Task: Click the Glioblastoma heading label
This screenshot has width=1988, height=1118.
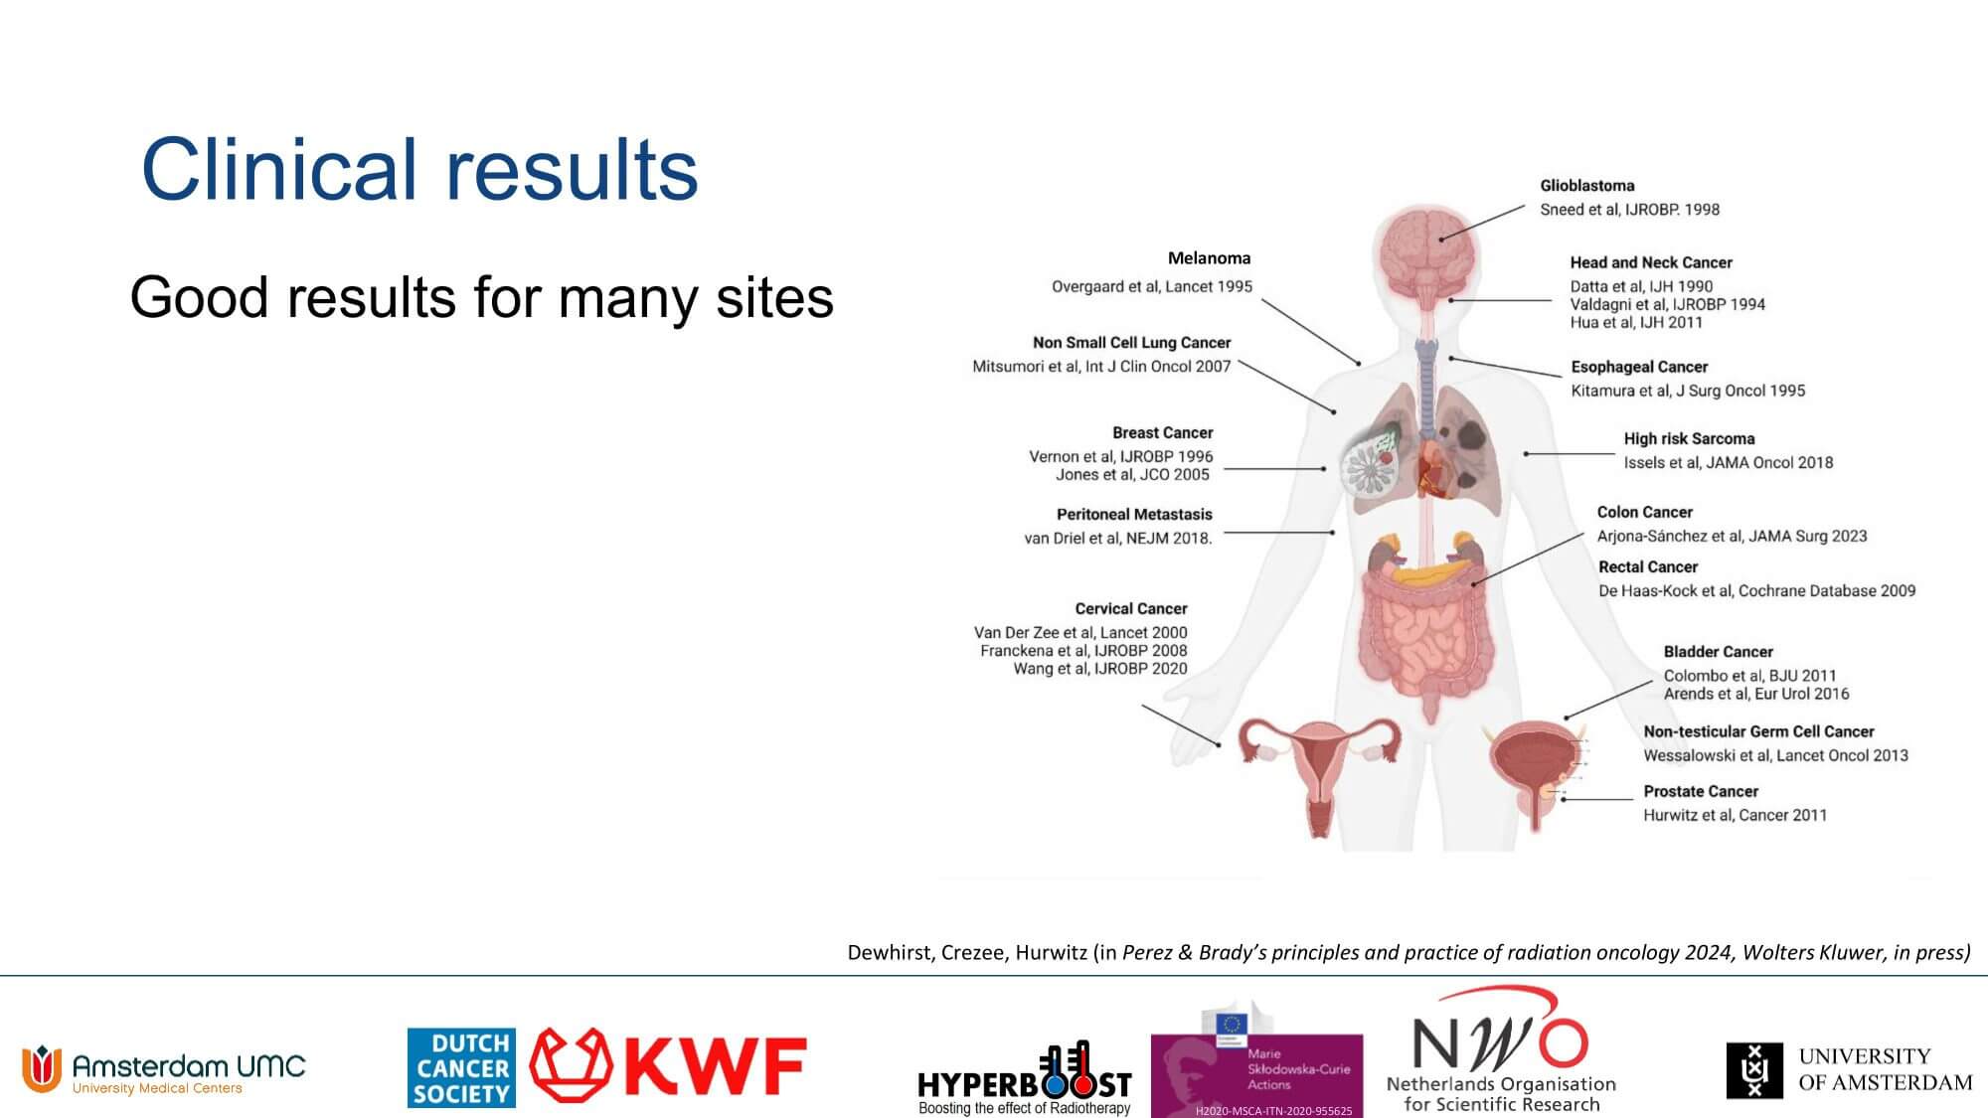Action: [1587, 186]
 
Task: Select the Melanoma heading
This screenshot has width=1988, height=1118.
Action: [1209, 258]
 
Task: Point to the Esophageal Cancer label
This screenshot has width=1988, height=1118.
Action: [1639, 367]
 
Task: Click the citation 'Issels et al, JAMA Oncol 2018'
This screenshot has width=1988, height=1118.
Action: [1729, 462]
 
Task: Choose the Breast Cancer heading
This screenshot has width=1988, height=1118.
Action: [1163, 433]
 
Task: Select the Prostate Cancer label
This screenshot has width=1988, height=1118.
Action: [1701, 792]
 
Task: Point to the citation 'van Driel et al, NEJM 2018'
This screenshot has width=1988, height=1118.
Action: [1118, 539]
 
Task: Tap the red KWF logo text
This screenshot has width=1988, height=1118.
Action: [714, 1066]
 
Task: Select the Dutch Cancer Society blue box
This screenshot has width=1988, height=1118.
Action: [461, 1067]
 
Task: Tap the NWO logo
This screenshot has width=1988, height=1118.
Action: [1501, 1049]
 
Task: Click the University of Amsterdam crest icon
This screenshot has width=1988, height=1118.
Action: [1754, 1070]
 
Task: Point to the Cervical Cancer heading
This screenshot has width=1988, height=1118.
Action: [1131, 609]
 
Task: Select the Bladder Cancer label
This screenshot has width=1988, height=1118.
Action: [1719, 652]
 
